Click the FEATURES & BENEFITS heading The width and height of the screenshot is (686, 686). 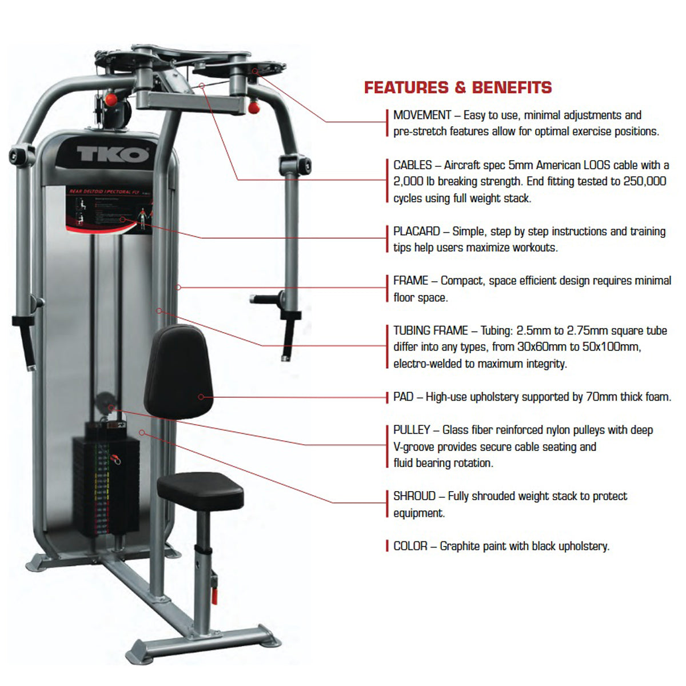click(x=458, y=87)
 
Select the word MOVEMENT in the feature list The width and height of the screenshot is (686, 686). click(x=422, y=115)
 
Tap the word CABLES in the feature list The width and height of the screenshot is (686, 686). click(x=412, y=165)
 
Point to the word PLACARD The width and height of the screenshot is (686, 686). click(x=416, y=232)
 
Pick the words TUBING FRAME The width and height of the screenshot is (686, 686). click(x=430, y=330)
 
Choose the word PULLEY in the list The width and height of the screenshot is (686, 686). click(x=412, y=430)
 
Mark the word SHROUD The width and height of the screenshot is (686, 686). click(x=414, y=496)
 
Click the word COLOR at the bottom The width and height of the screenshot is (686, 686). click(x=410, y=546)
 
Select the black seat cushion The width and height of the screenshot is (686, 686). click(x=200, y=490)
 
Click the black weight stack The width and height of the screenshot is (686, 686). click(x=106, y=486)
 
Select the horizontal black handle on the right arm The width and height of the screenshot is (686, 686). click(x=264, y=298)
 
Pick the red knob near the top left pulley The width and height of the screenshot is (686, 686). click(x=111, y=99)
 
